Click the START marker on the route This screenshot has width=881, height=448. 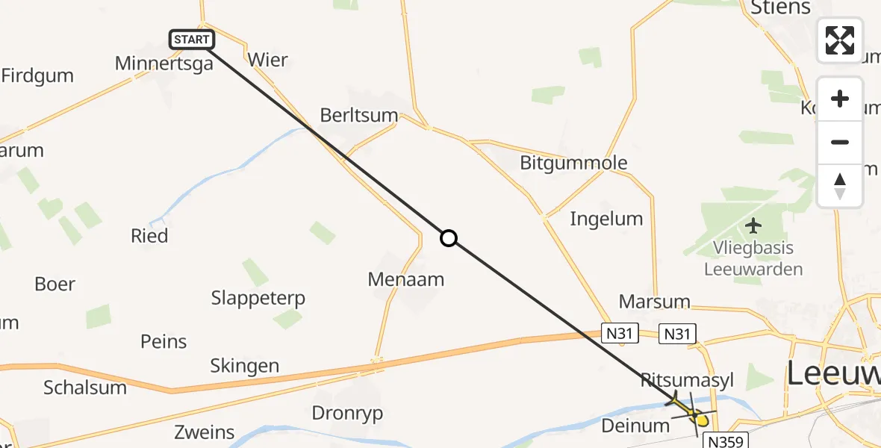tap(193, 40)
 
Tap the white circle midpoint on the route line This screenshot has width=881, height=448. tap(448, 238)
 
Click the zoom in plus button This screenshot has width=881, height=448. tap(840, 99)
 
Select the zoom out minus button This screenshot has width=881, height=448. tap(840, 142)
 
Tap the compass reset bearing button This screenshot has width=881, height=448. tap(840, 185)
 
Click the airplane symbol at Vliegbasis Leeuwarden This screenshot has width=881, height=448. tap(753, 225)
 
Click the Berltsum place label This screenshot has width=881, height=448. tap(359, 116)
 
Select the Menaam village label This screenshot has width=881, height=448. tap(406, 279)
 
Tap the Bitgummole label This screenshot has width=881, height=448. tap(573, 163)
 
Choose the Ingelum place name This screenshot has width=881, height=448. tap(606, 219)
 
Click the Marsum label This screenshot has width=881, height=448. tap(654, 302)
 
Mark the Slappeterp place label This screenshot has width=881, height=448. tap(258, 298)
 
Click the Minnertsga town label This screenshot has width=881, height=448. tap(164, 63)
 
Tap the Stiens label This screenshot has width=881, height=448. tap(782, 8)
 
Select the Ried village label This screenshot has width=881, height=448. tap(149, 236)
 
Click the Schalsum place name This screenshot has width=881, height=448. tap(85, 388)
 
